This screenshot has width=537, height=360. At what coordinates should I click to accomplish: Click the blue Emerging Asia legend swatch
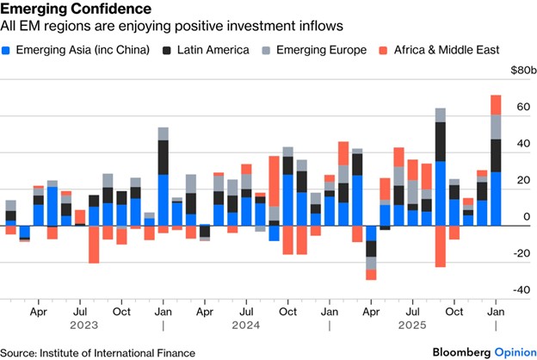(9, 50)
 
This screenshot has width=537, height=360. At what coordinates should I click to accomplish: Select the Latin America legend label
(213, 50)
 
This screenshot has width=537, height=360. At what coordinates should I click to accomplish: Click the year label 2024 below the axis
(246, 326)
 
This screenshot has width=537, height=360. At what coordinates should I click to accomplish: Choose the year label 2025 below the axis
(412, 326)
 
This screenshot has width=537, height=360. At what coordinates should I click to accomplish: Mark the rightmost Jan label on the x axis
(495, 310)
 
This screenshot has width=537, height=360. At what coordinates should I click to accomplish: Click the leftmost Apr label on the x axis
(38, 310)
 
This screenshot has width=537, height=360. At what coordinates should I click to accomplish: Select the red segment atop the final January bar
(496, 104)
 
